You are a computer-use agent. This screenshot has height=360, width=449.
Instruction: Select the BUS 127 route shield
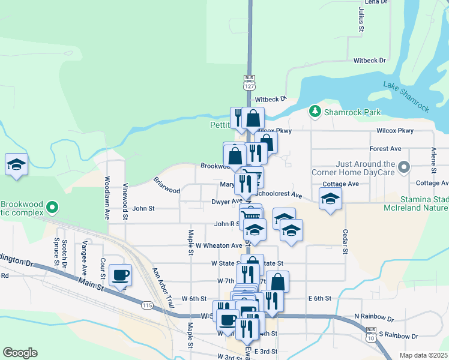[249, 82]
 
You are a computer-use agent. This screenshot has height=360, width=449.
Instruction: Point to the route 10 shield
[372, 338]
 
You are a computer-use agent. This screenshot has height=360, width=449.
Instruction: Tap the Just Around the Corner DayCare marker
[405, 167]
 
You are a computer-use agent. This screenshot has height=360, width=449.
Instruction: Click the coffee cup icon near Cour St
[121, 275]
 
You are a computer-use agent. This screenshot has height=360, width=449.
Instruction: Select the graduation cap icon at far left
[17, 164]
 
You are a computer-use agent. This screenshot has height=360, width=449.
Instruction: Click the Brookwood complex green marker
[52, 208]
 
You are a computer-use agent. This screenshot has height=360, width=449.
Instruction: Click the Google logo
[20, 353]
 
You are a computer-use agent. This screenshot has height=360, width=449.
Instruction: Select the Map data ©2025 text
[424, 355]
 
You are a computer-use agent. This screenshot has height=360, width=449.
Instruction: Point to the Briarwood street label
[166, 185]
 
